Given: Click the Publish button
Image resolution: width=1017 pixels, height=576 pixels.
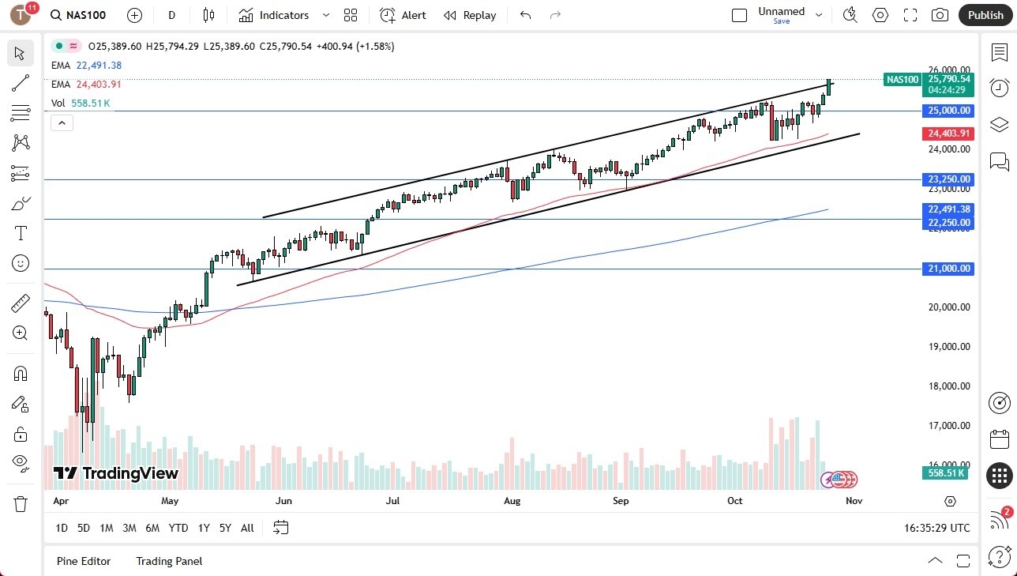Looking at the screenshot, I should pyautogui.click(x=985, y=15).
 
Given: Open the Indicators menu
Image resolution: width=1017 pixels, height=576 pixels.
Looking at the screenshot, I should pyautogui.click(x=283, y=15).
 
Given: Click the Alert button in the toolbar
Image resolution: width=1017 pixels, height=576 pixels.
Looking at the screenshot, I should pyautogui.click(x=403, y=15).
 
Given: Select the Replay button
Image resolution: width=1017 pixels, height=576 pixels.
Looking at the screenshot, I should pyautogui.click(x=470, y=15).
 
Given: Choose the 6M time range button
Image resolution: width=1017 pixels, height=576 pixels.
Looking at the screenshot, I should pyautogui.click(x=152, y=528).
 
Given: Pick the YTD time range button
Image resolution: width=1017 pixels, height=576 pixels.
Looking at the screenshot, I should pyautogui.click(x=178, y=528).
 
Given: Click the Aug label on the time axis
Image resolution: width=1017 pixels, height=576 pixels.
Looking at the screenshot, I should pyautogui.click(x=512, y=501).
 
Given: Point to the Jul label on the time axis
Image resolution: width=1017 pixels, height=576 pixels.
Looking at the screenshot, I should pyautogui.click(x=392, y=501).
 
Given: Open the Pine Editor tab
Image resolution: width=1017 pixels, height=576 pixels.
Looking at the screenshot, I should pyautogui.click(x=84, y=561).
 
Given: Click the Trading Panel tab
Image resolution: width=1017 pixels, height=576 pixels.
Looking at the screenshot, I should pyautogui.click(x=169, y=561).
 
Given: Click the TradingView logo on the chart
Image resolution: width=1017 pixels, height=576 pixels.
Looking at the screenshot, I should pyautogui.click(x=116, y=473).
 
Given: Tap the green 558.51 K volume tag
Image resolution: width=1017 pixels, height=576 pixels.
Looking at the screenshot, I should pyautogui.click(x=948, y=472).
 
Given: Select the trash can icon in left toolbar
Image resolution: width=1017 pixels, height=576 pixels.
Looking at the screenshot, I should pyautogui.click(x=21, y=503).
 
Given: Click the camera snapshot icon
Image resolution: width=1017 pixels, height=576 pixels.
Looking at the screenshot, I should pyautogui.click(x=940, y=15).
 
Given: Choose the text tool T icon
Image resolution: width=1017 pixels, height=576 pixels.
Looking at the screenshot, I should pyautogui.click(x=21, y=233).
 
